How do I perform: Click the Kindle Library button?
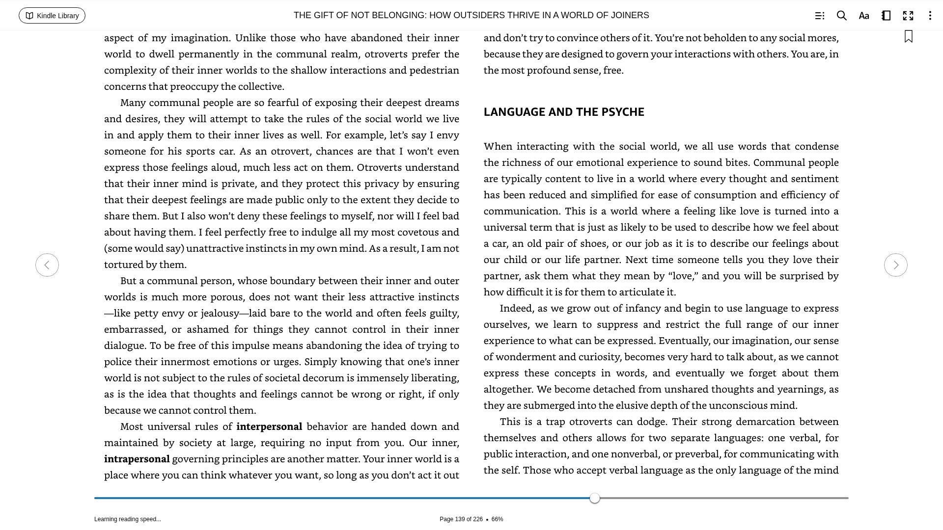click(x=52, y=16)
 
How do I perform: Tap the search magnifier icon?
click(x=842, y=16)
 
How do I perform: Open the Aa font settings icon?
click(x=864, y=16)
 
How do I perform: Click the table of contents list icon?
click(x=820, y=16)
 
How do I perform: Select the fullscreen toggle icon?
click(x=908, y=16)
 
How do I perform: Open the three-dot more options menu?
click(x=930, y=16)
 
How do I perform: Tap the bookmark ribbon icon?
click(x=909, y=37)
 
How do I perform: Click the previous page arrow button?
click(x=47, y=265)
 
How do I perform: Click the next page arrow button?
click(x=895, y=265)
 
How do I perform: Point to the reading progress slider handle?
click(x=595, y=498)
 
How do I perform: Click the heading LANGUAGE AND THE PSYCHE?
click(x=564, y=112)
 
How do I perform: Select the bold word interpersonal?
click(x=269, y=426)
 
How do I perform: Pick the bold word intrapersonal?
click(x=137, y=459)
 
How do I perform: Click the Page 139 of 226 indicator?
click(x=461, y=519)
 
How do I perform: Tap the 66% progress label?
click(x=497, y=519)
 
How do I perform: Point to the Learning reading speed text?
click(x=128, y=519)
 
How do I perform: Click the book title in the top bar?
click(x=471, y=15)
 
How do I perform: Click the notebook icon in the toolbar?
click(x=886, y=16)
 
